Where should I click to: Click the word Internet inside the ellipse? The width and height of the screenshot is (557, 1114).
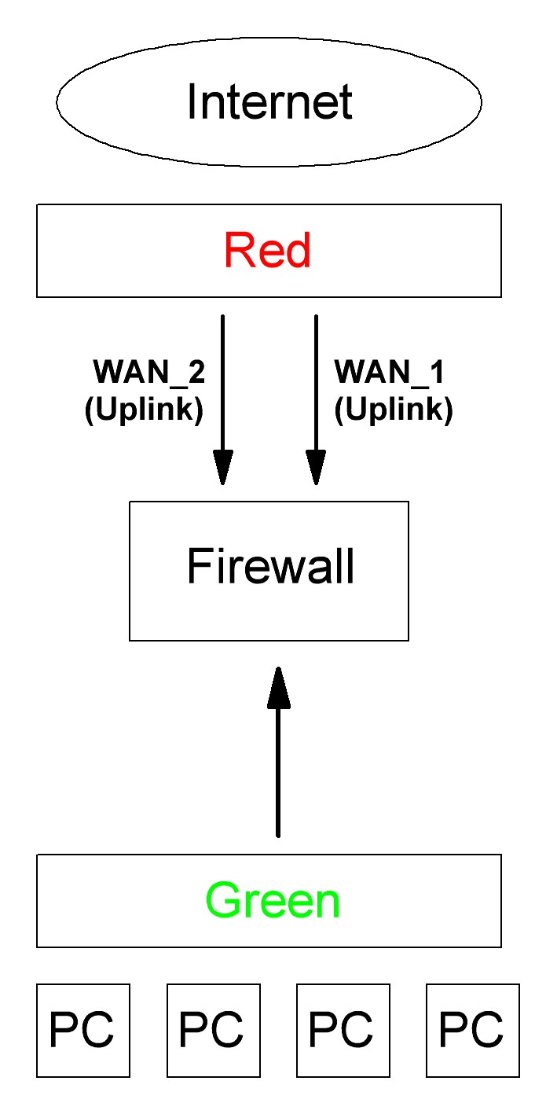[x=269, y=101]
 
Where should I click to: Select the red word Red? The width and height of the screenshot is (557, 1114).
[x=268, y=251]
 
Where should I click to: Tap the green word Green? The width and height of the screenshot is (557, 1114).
[x=273, y=901]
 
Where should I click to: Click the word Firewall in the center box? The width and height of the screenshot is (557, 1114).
[x=271, y=566]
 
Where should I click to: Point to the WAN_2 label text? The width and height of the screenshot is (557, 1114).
[x=149, y=372]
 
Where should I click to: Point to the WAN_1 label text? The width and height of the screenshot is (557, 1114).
[x=389, y=372]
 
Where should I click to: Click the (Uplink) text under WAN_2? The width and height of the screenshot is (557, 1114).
[x=145, y=410]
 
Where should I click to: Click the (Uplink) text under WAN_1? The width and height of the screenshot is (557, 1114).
[x=394, y=410]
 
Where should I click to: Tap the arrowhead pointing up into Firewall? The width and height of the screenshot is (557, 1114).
[x=278, y=688]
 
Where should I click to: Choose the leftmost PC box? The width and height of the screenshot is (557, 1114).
[x=82, y=1030]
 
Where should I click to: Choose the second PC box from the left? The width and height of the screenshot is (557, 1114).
[x=212, y=1030]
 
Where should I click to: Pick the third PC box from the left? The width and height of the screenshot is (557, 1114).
[x=342, y=1030]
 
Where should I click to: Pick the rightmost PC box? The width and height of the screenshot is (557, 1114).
[x=471, y=1030]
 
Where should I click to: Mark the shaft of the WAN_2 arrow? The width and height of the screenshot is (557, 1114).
[x=223, y=377]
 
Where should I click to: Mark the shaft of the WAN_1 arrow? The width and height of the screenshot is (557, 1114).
[x=316, y=377]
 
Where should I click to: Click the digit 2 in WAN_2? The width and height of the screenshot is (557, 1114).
[x=196, y=372]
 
